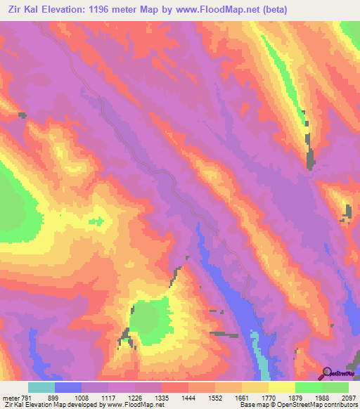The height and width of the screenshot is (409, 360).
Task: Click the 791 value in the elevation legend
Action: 27,397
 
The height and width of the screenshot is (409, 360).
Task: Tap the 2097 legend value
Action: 349,397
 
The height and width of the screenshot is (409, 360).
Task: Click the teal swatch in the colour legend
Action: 41,387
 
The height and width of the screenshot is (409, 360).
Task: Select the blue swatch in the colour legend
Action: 68,387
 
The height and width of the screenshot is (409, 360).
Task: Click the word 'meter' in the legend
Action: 11,397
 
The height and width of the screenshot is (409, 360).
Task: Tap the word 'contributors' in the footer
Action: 341,405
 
